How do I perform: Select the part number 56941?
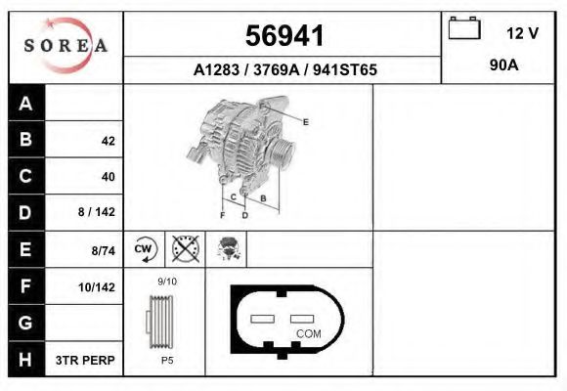283,35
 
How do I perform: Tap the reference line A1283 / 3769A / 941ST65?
285,70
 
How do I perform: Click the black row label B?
25,141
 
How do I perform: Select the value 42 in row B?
108,141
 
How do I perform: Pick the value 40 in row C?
108,177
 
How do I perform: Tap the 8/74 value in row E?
103,250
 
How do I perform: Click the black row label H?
25,360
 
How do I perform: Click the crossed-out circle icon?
185,249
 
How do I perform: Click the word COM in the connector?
308,333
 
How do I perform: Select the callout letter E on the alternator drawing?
306,122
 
